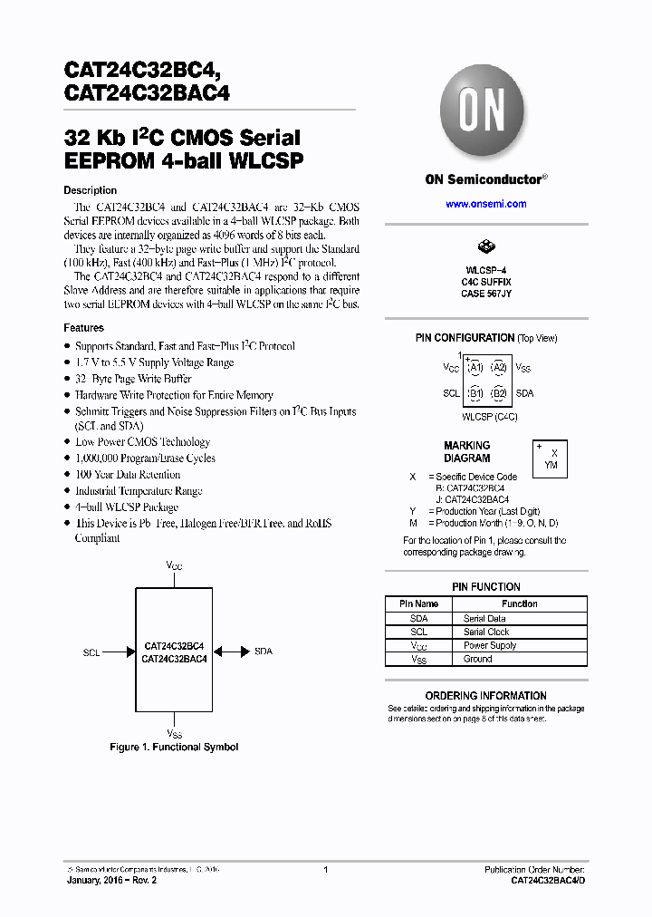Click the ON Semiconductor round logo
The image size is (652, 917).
[x=485, y=113]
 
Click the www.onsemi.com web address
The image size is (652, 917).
[x=485, y=204]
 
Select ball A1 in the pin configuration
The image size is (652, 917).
[x=474, y=368]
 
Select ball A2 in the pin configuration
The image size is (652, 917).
[x=498, y=368]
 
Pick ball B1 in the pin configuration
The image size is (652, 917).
[x=474, y=393]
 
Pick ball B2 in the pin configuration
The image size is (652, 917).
[x=498, y=393]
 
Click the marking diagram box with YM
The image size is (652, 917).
[x=551, y=458]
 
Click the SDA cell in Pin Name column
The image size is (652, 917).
[x=418, y=618]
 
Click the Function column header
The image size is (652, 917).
[x=520, y=603]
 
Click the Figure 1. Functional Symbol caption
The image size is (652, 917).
[x=174, y=747]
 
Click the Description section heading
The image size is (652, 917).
[x=90, y=190]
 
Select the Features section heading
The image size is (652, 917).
[x=83, y=327]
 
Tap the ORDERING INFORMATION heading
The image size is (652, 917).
[x=485, y=696]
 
